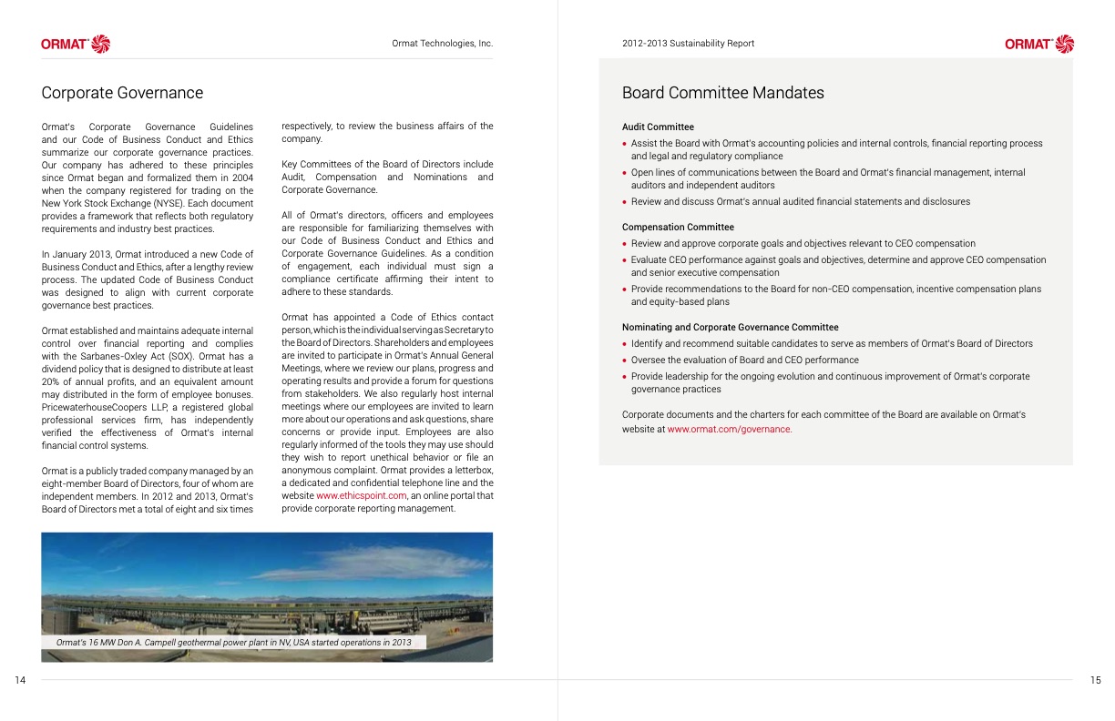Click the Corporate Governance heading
122,93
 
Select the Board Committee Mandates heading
722,93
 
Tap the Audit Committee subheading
658,127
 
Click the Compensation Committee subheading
678,228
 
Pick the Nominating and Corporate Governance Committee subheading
730,328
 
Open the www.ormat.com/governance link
729,430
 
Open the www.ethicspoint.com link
361,496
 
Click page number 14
21,680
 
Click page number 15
1095,680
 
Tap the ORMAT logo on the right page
1039,44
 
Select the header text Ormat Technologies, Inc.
442,44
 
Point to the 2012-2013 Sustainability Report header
688,44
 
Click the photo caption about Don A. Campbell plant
233,643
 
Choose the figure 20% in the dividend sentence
52,382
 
